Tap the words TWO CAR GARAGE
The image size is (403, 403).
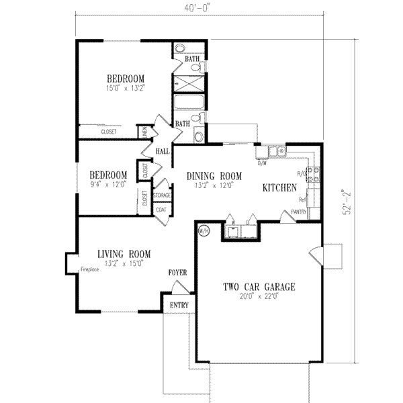click(259, 287)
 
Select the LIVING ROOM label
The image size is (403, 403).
click(124, 254)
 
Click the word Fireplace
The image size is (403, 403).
click(91, 270)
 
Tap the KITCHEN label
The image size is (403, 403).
click(279, 189)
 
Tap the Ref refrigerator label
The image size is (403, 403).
click(303, 199)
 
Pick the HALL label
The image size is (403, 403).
click(162, 152)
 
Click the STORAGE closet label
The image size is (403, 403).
click(162, 195)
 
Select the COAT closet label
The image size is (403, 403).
click(161, 210)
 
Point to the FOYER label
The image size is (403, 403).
click(178, 273)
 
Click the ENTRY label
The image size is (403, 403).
click(179, 306)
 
